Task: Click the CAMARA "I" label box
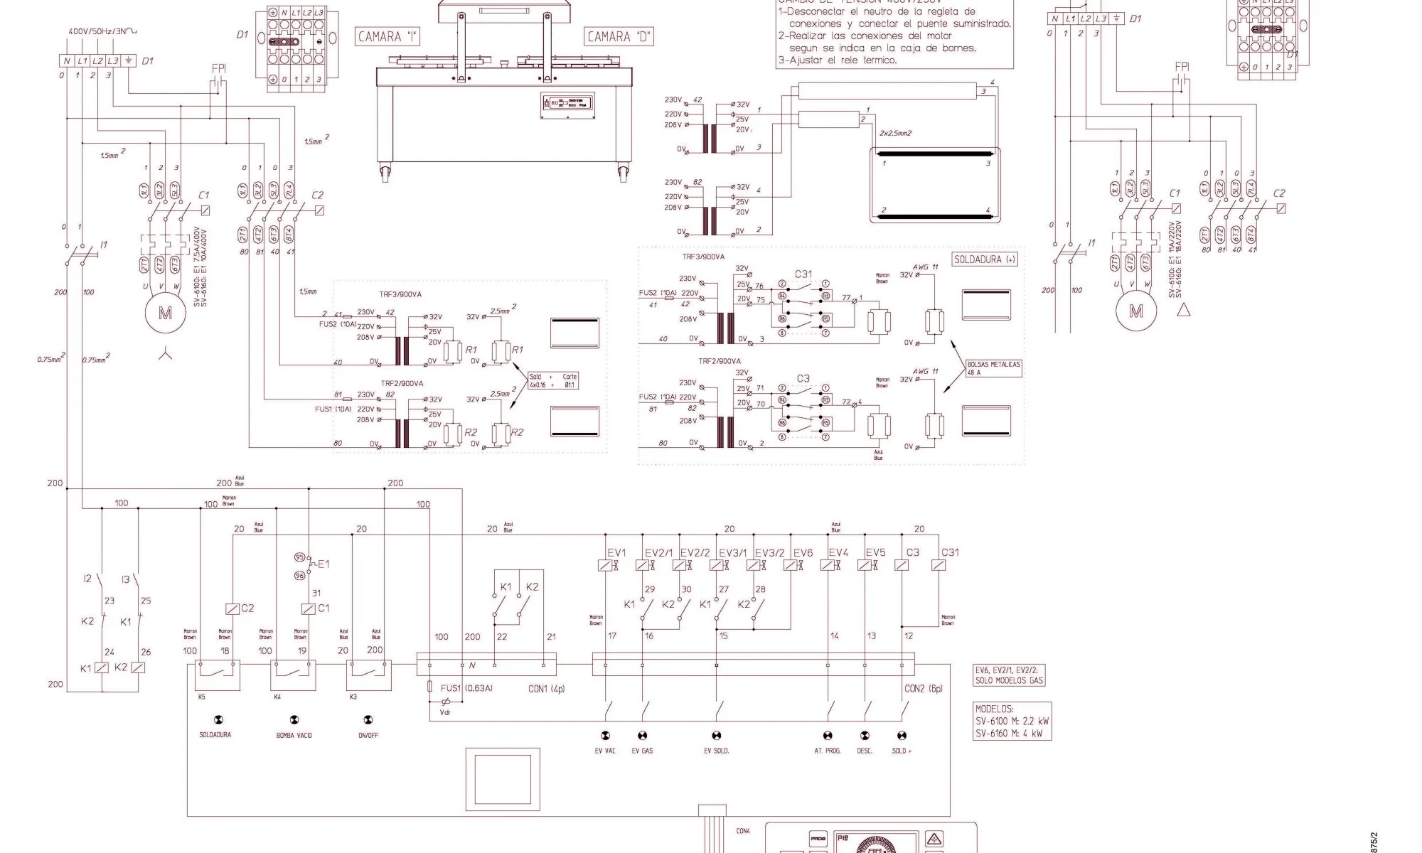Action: pos(387,37)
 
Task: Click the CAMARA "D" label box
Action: pos(619,37)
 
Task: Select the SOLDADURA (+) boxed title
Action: pos(985,259)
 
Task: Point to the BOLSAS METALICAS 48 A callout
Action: pos(993,368)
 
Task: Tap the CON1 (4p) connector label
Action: pos(547,689)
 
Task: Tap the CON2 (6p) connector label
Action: pos(923,689)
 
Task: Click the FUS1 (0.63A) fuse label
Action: pos(466,688)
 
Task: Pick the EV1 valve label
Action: pos(616,553)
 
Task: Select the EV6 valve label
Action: pos(803,553)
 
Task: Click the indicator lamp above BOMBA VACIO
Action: pos(294,720)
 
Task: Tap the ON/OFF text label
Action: pos(368,735)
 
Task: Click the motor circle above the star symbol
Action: pos(165,313)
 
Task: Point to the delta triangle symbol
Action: pos(1184,309)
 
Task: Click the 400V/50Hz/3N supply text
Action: pos(102,32)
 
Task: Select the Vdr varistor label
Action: pos(445,712)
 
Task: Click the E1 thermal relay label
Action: pos(324,564)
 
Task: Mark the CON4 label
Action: pos(743,830)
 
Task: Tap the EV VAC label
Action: pos(605,751)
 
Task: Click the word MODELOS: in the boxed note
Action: pos(995,709)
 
